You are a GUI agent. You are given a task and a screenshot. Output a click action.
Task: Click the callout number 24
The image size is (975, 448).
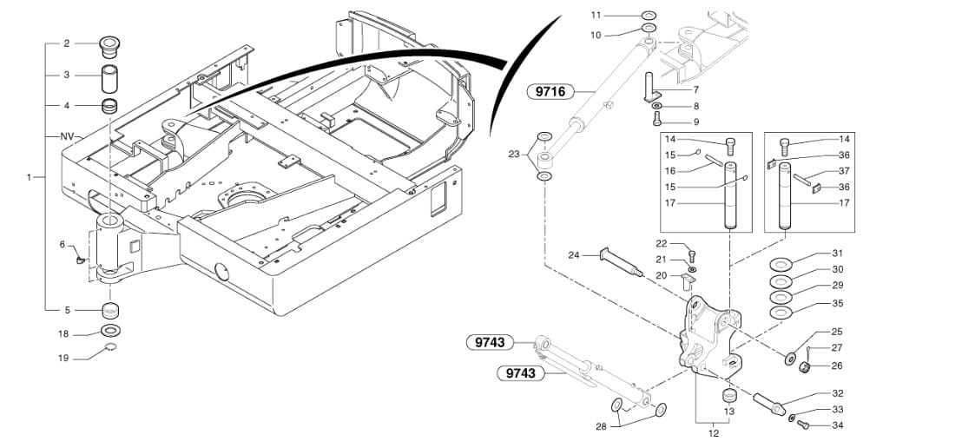pos(574,255)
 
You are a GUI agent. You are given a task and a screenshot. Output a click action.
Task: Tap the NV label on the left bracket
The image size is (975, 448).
pos(67,137)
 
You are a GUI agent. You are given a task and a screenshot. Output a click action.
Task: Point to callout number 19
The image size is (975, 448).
pos(63,358)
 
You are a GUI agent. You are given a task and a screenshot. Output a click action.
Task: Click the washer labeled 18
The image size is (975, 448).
pos(111,332)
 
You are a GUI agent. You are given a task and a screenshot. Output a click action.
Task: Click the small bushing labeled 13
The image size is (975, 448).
pos(730,397)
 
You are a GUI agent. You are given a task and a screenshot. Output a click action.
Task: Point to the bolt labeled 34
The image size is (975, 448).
pos(802,424)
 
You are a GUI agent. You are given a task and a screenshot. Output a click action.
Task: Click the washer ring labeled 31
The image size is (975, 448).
pos(780,264)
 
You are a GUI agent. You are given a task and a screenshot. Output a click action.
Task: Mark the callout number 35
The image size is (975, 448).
pos(837,304)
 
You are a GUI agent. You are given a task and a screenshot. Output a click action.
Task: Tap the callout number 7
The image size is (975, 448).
pos(695,89)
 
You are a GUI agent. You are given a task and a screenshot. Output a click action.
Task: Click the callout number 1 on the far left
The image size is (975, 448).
pos(29,177)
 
